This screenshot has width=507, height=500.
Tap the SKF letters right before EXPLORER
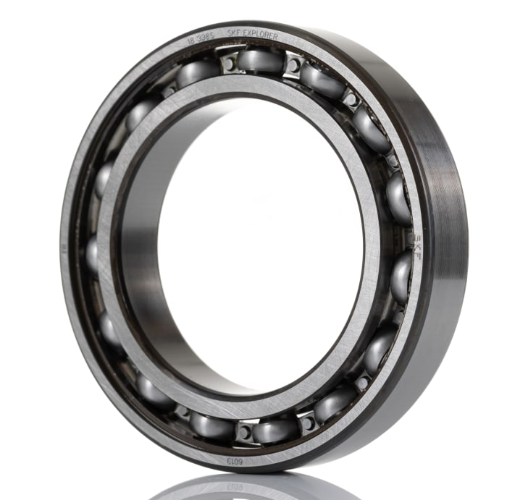[x=234, y=33]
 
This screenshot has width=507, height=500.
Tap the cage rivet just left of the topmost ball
[x=230, y=63]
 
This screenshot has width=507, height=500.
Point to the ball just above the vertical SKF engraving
[x=398, y=197]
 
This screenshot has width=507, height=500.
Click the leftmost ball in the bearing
[x=92, y=253]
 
